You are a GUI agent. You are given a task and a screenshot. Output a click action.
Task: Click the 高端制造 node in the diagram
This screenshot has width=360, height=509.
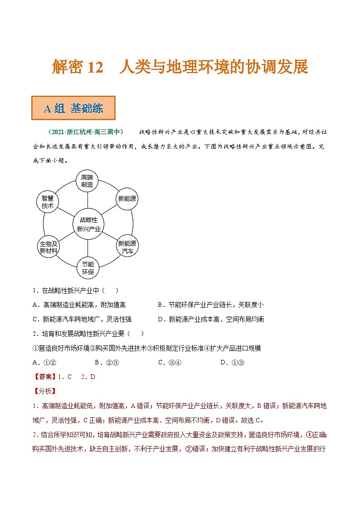(87, 180)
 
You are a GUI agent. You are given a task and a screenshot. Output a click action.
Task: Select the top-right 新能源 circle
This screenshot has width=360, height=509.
(127, 199)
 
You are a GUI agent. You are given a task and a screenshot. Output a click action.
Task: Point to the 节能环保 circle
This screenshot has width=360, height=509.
(88, 268)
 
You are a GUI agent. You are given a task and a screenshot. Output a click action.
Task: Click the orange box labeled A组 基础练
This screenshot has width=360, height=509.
(73, 108)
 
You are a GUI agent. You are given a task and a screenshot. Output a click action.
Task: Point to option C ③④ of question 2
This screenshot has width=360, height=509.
(170, 362)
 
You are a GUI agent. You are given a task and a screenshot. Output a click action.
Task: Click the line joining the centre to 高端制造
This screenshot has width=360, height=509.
(88, 199)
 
